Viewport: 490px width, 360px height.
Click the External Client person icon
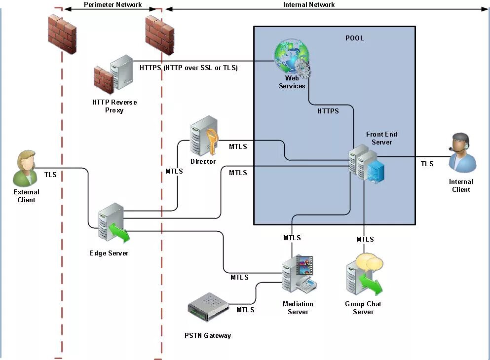tap(26, 168)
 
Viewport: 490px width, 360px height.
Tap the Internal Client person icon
tap(463, 152)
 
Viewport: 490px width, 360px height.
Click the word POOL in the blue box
tap(354, 38)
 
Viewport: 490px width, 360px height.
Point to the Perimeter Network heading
tap(113, 5)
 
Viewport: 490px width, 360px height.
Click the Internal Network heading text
tap(309, 5)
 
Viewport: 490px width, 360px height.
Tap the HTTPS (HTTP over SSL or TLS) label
tap(188, 68)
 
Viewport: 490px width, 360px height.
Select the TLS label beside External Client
tap(50, 175)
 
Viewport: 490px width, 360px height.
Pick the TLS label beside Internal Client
tap(427, 164)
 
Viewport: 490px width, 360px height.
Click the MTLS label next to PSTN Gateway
tap(245, 310)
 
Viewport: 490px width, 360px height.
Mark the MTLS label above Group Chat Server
tap(365, 239)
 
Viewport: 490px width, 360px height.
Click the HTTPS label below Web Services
tap(328, 111)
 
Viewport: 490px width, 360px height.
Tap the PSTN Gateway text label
tap(208, 335)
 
